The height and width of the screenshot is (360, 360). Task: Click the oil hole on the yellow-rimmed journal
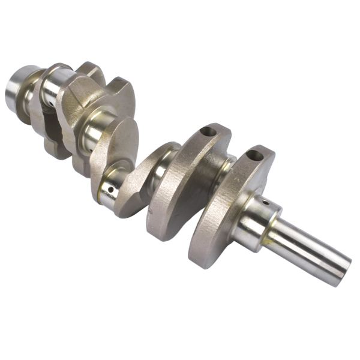point(111,191)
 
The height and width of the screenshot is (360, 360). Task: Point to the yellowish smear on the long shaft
point(271,241)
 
